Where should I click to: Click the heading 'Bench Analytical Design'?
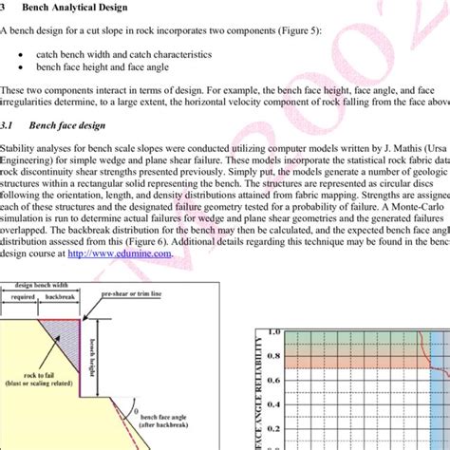(x=82, y=7)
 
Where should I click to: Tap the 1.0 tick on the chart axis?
(x=276, y=332)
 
